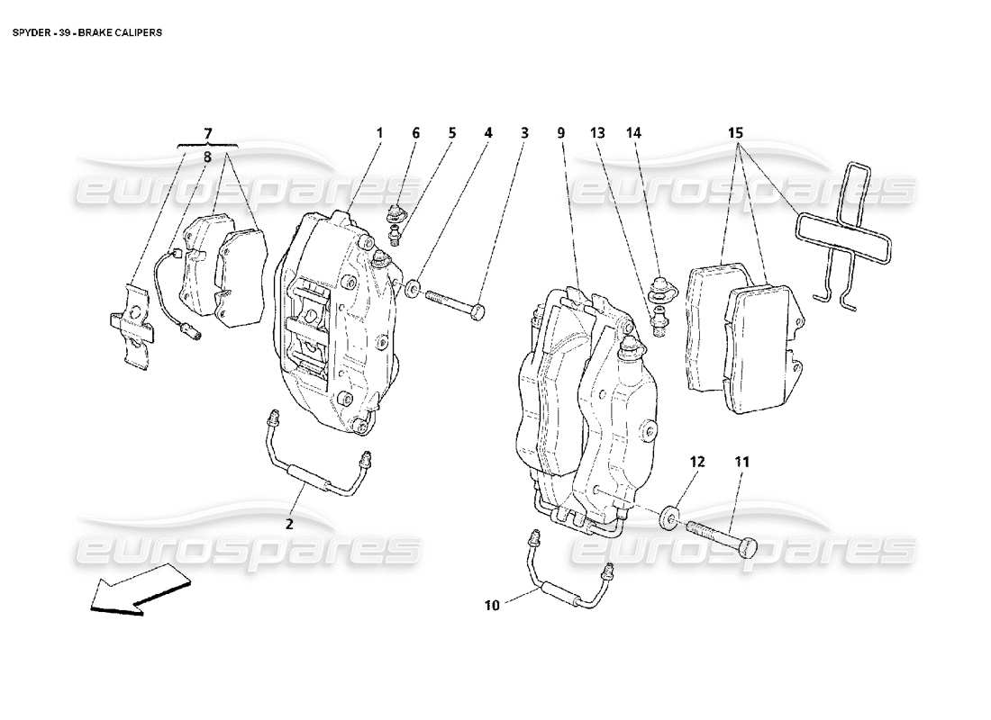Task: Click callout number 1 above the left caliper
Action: pyautogui.click(x=379, y=133)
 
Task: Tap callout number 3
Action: pyautogui.click(x=523, y=133)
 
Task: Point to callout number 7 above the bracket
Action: pyautogui.click(x=208, y=133)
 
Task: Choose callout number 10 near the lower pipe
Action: pyautogui.click(x=492, y=605)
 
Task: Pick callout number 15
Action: pyautogui.click(x=734, y=133)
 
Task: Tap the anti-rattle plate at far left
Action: pyautogui.click(x=133, y=326)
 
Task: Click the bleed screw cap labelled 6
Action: pyautogui.click(x=395, y=215)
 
